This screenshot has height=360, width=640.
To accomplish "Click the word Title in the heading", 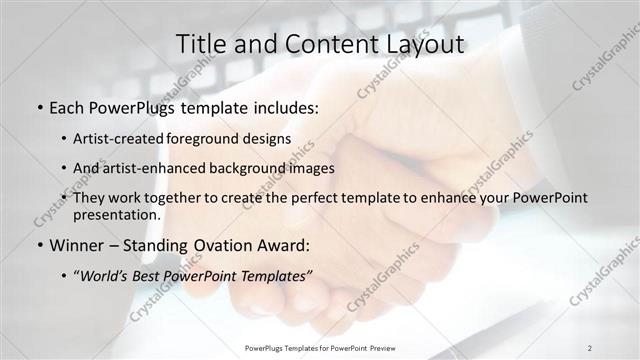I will point(199,45).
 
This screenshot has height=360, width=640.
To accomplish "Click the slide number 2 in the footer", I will point(590,348).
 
